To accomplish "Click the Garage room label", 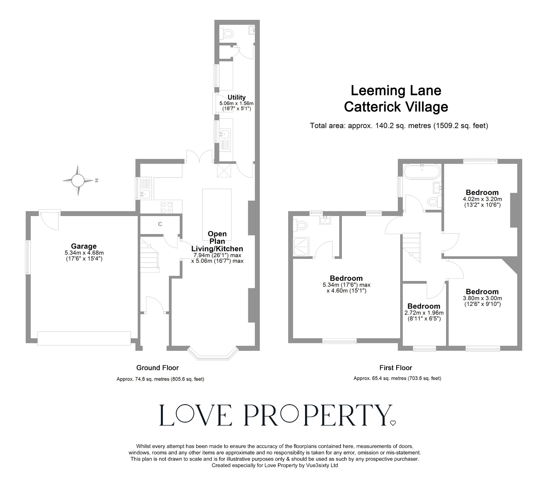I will coord(84,246).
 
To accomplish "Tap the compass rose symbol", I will coord(78,180).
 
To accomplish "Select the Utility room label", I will coord(236,97).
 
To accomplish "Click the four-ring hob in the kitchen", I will coord(166,208).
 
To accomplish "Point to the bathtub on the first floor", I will coord(422,171).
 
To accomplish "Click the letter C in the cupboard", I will coord(160,224).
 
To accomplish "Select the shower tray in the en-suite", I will coord(301,246).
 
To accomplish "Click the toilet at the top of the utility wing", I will coord(228,34).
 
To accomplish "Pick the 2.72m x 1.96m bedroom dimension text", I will coord(424,313).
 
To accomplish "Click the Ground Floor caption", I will coord(157,368).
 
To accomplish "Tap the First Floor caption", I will coord(396,368).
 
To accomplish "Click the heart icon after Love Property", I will coord(393,423).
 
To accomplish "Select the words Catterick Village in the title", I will coord(396,107).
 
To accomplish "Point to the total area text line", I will coord(399,126).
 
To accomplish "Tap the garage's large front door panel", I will coord(84,338).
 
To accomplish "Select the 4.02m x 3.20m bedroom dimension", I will coord(482,199).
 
